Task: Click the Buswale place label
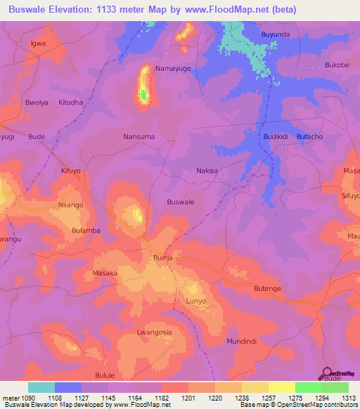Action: tap(181, 202)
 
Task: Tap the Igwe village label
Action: tap(37, 43)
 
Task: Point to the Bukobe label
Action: tap(337, 65)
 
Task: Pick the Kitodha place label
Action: tap(70, 102)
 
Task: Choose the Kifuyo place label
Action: tap(72, 171)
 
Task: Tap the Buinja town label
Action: tap(163, 259)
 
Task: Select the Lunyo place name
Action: tap(195, 301)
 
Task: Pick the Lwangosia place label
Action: tap(155, 332)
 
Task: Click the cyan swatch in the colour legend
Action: tap(41, 387)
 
